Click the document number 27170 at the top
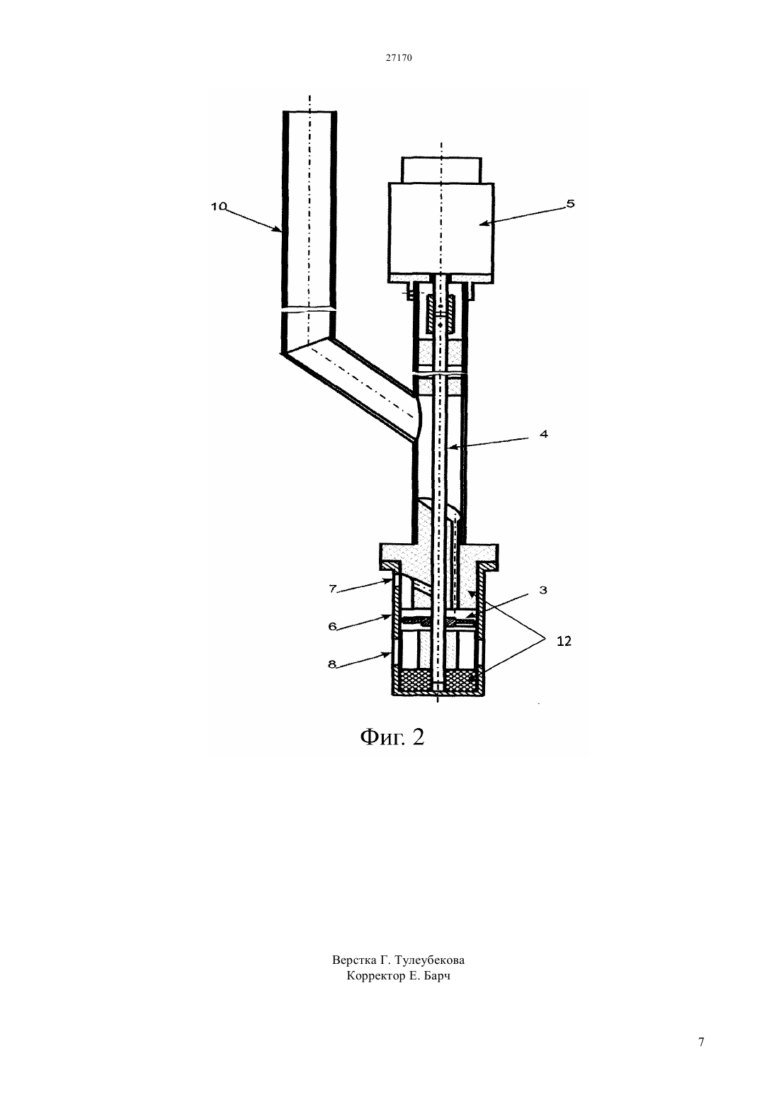tap(398, 57)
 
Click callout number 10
tap(219, 207)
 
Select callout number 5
tap(570, 203)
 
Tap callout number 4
tap(543, 434)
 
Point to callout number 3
tap(543, 590)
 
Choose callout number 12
tap(564, 641)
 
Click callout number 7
tap(332, 589)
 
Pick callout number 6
tap(332, 626)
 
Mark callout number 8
tap(332, 664)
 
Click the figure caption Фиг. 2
tap(392, 737)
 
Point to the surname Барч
tap(437, 975)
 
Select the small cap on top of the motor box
tap(441, 170)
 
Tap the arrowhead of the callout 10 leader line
tap(278, 229)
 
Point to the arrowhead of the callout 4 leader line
tap(450, 448)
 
